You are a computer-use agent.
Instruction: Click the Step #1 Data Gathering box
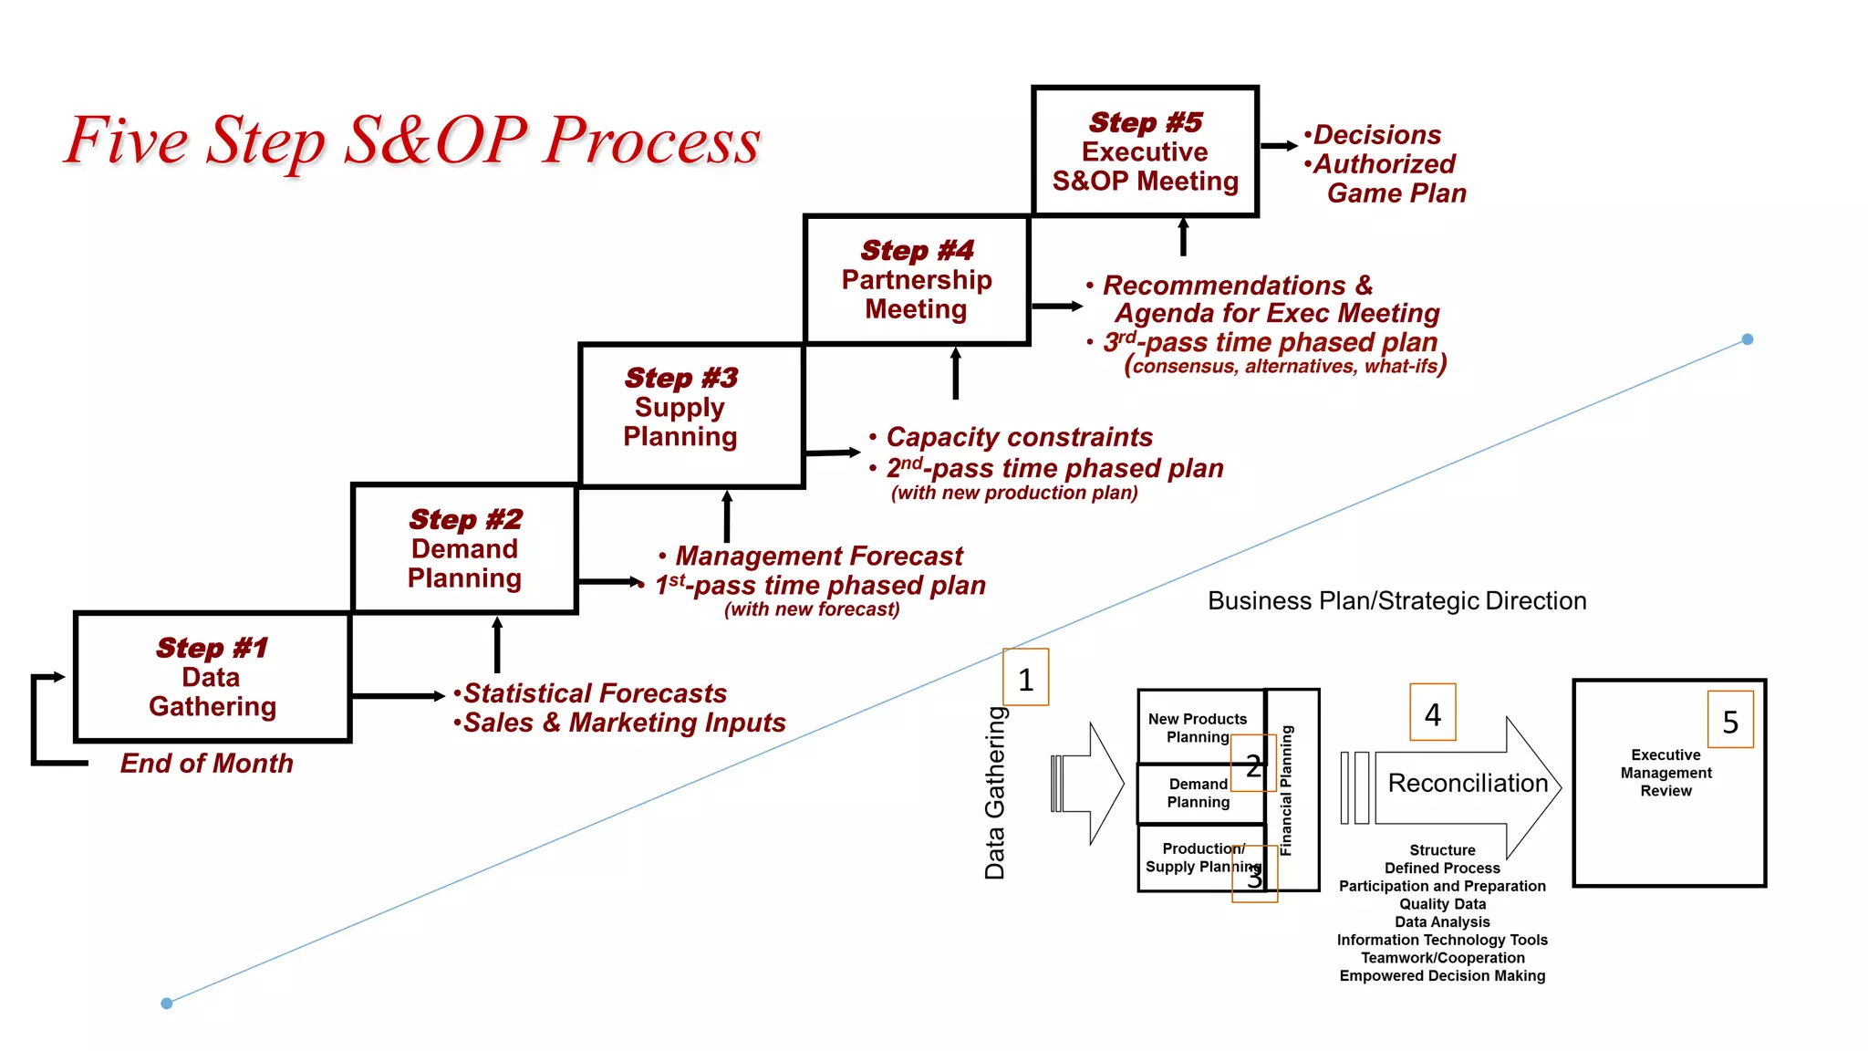point(212,677)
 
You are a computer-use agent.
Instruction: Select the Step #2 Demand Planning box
point(465,548)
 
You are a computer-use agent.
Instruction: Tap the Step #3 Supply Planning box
point(680,408)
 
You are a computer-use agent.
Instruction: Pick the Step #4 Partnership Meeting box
point(917,280)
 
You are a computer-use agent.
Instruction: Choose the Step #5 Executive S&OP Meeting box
point(1145,151)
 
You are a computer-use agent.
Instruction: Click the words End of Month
point(207,764)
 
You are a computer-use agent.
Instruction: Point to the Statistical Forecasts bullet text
point(595,693)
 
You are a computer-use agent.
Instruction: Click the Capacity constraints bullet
point(1019,437)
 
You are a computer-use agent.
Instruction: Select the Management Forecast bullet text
point(819,556)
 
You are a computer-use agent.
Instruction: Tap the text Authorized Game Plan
point(1386,178)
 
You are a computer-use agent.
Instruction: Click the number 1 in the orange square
point(1025,679)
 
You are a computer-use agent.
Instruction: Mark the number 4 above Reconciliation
point(1432,713)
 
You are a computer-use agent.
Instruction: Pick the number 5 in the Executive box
point(1730,723)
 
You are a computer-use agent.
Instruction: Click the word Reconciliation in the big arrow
point(1468,783)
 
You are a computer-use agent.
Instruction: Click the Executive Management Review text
point(1666,773)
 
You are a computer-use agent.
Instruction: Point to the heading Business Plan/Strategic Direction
point(1396,601)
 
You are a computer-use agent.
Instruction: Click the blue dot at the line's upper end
point(1748,339)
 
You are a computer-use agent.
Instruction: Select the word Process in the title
point(651,141)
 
